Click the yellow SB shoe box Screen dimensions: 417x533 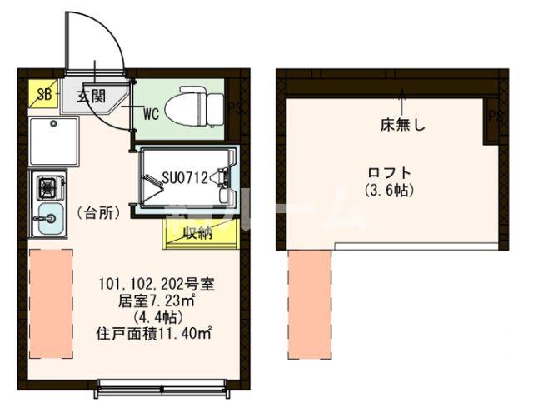42,94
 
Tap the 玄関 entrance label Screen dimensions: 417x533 92,96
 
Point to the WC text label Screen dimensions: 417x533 151,111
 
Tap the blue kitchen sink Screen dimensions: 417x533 47,219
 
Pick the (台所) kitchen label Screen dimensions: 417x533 98,212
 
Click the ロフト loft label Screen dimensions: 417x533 390,173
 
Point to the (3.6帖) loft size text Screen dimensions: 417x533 390,190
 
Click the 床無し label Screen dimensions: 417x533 403,126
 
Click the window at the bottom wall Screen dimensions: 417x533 162,384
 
